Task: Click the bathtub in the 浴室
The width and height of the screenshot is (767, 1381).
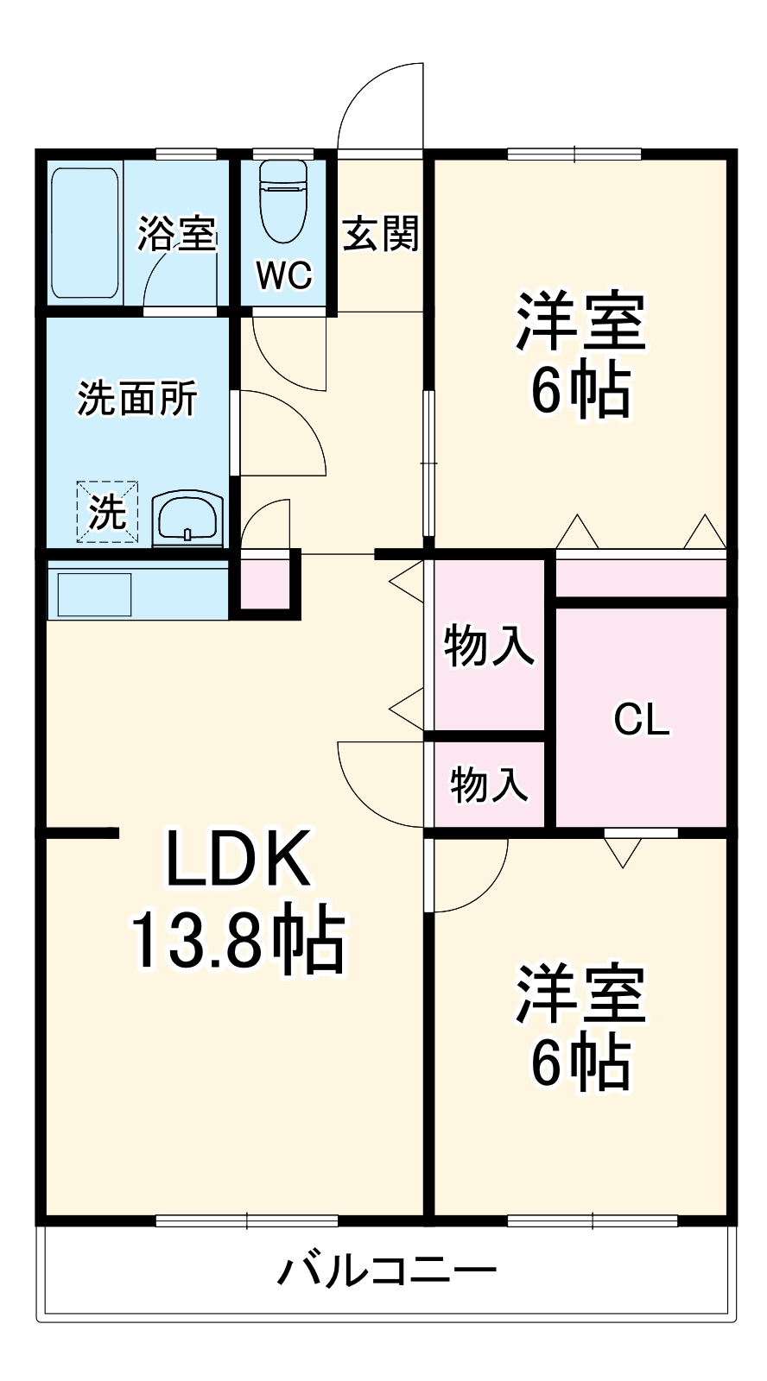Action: point(84,233)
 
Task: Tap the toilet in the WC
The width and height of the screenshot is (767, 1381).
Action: point(283,200)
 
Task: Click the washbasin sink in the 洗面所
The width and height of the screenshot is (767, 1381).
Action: point(188,520)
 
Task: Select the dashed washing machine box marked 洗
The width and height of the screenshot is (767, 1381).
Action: point(107,513)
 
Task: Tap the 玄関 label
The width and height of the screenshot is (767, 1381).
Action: point(381,233)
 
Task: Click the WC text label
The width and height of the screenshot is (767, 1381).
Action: point(283,276)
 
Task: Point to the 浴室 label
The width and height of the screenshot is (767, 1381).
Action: point(177,233)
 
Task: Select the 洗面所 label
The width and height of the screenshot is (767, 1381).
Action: point(137,398)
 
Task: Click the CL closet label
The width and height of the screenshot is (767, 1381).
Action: point(641,719)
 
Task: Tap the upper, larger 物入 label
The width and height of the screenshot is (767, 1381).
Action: point(488,645)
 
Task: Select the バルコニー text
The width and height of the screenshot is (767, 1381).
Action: point(386,1271)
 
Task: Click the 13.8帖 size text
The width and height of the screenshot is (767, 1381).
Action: point(238,940)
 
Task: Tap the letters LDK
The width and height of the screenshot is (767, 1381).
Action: point(238,859)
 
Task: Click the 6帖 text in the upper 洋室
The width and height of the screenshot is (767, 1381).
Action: point(580,393)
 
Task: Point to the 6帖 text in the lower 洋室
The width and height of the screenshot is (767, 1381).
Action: point(580,1063)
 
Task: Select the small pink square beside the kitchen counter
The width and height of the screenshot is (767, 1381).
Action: point(263,584)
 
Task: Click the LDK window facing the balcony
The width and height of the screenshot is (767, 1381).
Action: point(247,1220)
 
